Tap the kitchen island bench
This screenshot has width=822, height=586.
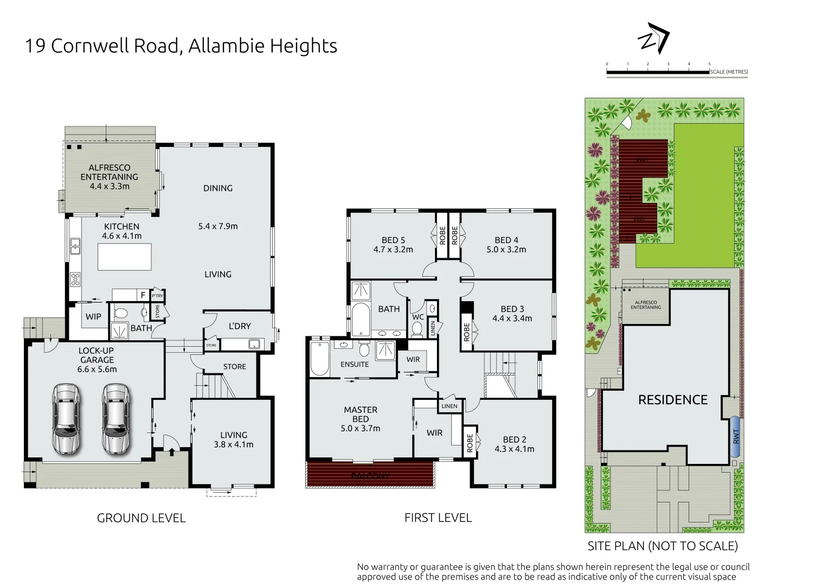[x=124, y=257]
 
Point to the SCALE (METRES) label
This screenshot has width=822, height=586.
[x=729, y=72]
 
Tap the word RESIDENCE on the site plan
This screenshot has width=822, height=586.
[x=672, y=400]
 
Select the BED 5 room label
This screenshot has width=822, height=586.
[x=393, y=240]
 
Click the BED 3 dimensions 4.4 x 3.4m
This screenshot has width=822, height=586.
[x=512, y=319]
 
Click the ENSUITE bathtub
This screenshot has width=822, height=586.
[x=320, y=359]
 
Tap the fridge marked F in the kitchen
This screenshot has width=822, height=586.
[x=143, y=295]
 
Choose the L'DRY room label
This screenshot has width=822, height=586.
[x=239, y=326]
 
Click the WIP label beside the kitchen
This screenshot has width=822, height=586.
[x=93, y=317]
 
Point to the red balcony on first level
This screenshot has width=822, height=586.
[x=370, y=474]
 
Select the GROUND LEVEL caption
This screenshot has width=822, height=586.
[x=141, y=518]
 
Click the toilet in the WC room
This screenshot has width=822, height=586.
[x=417, y=329]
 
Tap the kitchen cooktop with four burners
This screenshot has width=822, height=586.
[x=75, y=279]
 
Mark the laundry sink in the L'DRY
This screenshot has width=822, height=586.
[x=253, y=344]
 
